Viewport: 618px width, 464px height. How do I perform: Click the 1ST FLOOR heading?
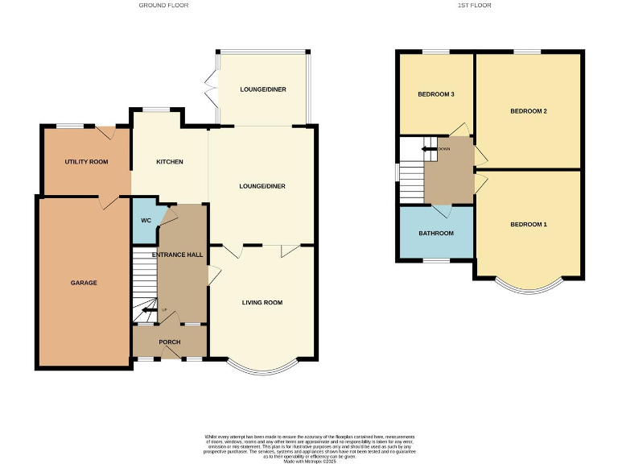click(474, 5)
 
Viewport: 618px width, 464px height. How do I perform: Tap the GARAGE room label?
click(84, 283)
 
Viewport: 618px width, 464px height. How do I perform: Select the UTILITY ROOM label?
click(86, 162)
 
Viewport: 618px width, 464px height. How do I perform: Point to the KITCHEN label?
click(169, 162)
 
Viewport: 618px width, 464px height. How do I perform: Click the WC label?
click(146, 220)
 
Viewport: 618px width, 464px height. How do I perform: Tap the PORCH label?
click(169, 342)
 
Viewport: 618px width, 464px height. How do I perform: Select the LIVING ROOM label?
click(262, 303)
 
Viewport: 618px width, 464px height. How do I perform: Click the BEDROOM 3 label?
click(435, 94)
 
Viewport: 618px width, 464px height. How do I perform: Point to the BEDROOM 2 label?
click(529, 110)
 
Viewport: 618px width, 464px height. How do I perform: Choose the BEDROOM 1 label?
click(529, 224)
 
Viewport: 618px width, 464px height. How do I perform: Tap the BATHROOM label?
click(435, 233)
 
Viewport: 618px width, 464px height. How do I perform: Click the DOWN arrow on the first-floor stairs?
click(432, 148)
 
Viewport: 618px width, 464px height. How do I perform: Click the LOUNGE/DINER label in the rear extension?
click(262, 89)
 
